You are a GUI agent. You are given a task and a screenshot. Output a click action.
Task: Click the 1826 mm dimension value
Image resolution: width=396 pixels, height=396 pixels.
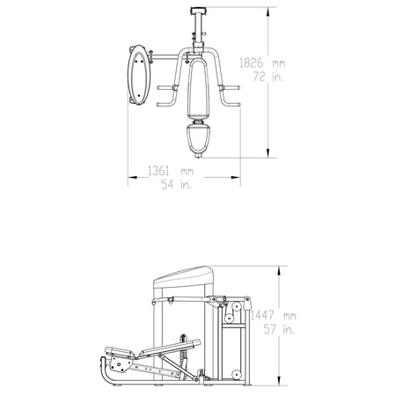click(262, 62)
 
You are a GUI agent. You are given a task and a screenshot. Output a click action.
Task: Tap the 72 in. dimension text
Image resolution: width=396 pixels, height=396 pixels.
click(268, 77)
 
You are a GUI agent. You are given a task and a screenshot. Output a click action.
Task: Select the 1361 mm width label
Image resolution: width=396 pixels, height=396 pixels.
click(171, 171)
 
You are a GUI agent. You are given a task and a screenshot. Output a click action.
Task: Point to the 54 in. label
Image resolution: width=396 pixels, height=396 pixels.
click(176, 184)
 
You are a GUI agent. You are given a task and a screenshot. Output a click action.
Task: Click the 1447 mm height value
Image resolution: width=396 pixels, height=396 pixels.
click(274, 316)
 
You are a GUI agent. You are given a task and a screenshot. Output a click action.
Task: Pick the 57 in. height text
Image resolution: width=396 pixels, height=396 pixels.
click(279, 329)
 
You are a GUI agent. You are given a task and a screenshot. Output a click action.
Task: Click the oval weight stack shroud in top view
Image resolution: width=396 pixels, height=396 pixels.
click(139, 75)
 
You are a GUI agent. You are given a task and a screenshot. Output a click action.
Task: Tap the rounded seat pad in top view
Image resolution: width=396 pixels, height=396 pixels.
click(198, 139)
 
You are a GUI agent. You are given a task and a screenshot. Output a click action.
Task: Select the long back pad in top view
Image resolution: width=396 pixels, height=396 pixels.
click(198, 88)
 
